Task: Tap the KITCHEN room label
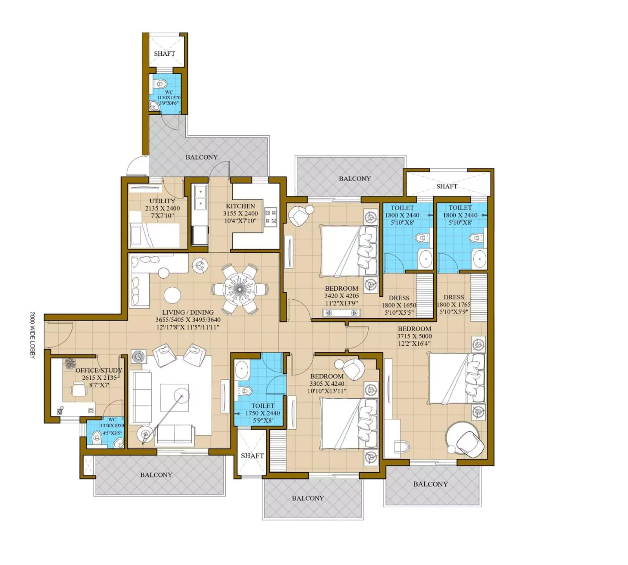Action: coord(240,206)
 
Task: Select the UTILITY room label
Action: coord(162,201)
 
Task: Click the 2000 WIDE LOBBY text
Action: coord(33,335)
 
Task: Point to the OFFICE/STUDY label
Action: coord(99,370)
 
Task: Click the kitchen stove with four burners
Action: coord(270,217)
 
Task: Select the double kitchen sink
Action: coord(200,198)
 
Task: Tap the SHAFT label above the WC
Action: coord(164,53)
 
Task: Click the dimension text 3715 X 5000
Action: coord(414,336)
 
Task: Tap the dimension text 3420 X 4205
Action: coord(341,296)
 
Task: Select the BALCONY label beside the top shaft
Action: coord(355,179)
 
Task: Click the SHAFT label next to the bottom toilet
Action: coord(252,456)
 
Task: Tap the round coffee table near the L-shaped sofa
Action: coord(172,295)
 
